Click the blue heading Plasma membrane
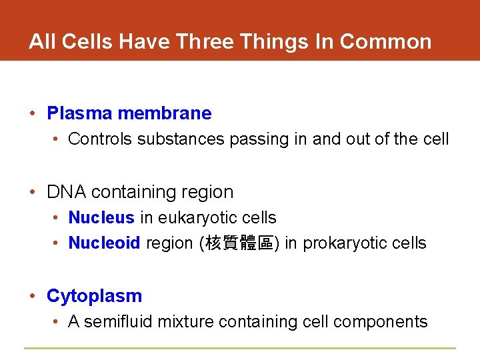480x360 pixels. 129,113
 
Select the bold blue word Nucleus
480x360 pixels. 101,218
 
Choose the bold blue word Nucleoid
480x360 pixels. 104,243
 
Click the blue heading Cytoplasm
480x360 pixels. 94,296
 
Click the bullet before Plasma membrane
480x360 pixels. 32,113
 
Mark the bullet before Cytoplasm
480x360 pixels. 32,296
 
